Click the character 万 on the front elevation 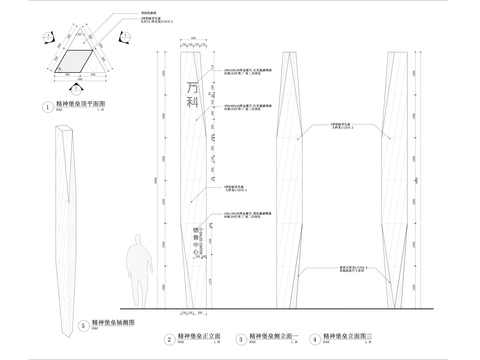click(x=193, y=87)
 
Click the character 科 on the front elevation click(x=193, y=104)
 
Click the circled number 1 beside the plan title click(x=47, y=106)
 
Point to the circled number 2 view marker click(x=167, y=339)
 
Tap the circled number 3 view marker click(x=242, y=339)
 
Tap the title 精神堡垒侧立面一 click(x=275, y=338)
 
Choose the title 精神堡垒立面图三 click(x=347, y=338)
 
